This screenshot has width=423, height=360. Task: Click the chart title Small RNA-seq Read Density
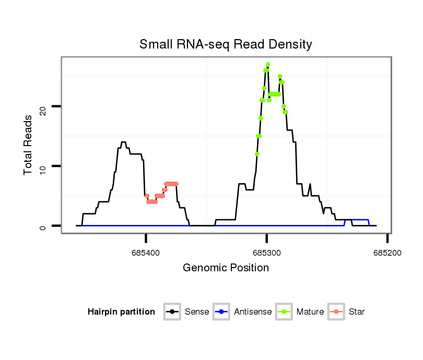[x=226, y=44]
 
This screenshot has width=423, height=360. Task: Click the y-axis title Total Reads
[x=29, y=145]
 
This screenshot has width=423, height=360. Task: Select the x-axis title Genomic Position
[x=226, y=268]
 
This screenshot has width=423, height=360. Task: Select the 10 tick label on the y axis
[x=44, y=166]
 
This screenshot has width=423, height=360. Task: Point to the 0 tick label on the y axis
[x=44, y=226]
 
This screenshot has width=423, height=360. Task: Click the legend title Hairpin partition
[x=121, y=312]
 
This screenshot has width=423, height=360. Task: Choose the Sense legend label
[x=197, y=312]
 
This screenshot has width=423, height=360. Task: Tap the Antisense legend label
[x=253, y=312]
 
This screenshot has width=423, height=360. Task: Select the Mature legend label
[x=310, y=312]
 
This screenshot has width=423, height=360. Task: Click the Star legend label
[x=357, y=312]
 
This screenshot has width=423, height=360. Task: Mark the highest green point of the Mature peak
[x=268, y=64]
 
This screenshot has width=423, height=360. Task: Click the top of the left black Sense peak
[x=123, y=142]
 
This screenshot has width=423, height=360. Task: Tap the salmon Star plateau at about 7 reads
[x=171, y=184]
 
